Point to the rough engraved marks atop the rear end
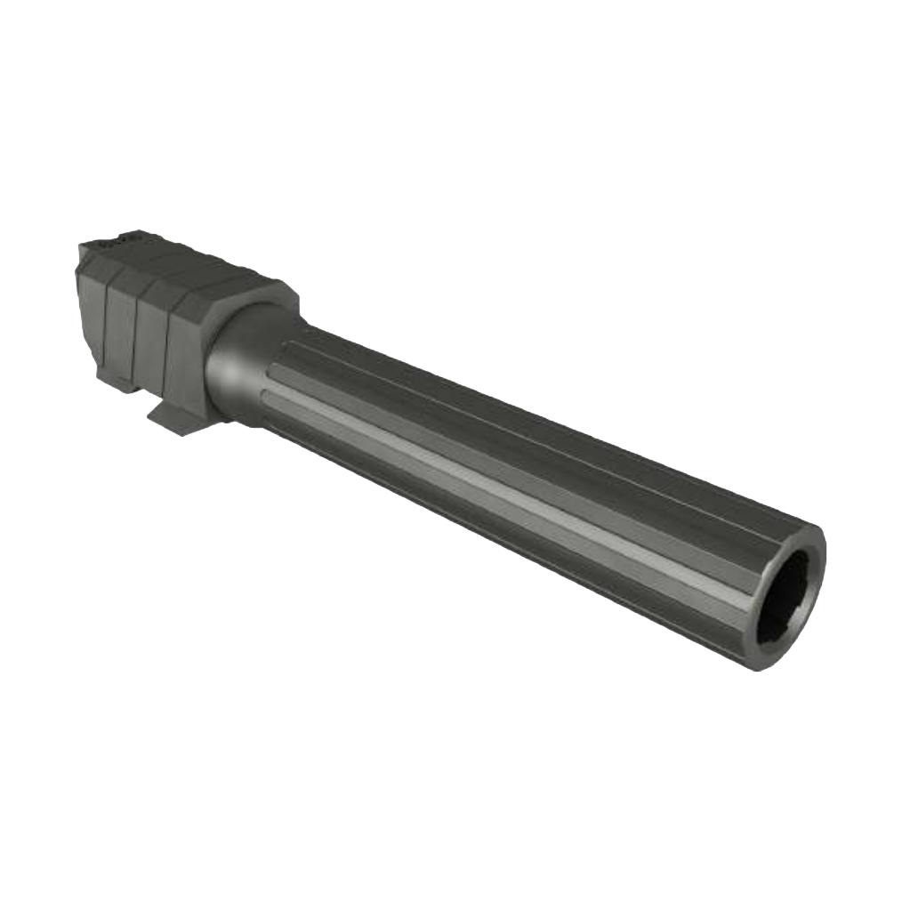(x=121, y=238)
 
